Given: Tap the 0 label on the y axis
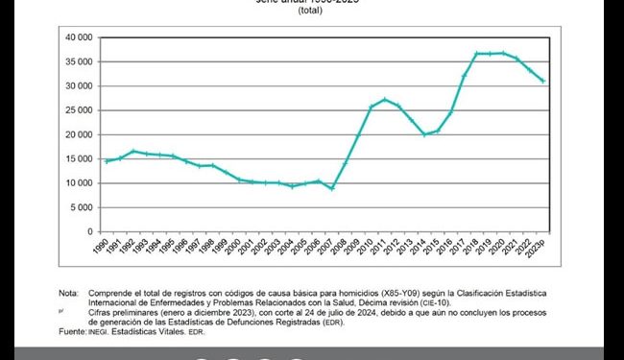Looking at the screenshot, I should click(x=89, y=231).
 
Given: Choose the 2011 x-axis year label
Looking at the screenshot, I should click(x=384, y=248).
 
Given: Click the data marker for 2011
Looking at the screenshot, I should click(x=385, y=99).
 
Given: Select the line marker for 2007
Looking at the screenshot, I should click(x=331, y=188).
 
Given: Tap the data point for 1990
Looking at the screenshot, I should click(x=107, y=160).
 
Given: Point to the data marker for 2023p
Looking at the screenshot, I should click(x=543, y=81).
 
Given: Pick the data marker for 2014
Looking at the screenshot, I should click(x=424, y=134).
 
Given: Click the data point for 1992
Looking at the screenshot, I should click(x=133, y=151).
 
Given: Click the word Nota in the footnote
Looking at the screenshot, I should click(x=67, y=292).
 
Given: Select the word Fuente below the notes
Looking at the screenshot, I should click(x=73, y=331).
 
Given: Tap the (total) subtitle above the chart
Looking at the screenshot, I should click(x=310, y=11).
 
